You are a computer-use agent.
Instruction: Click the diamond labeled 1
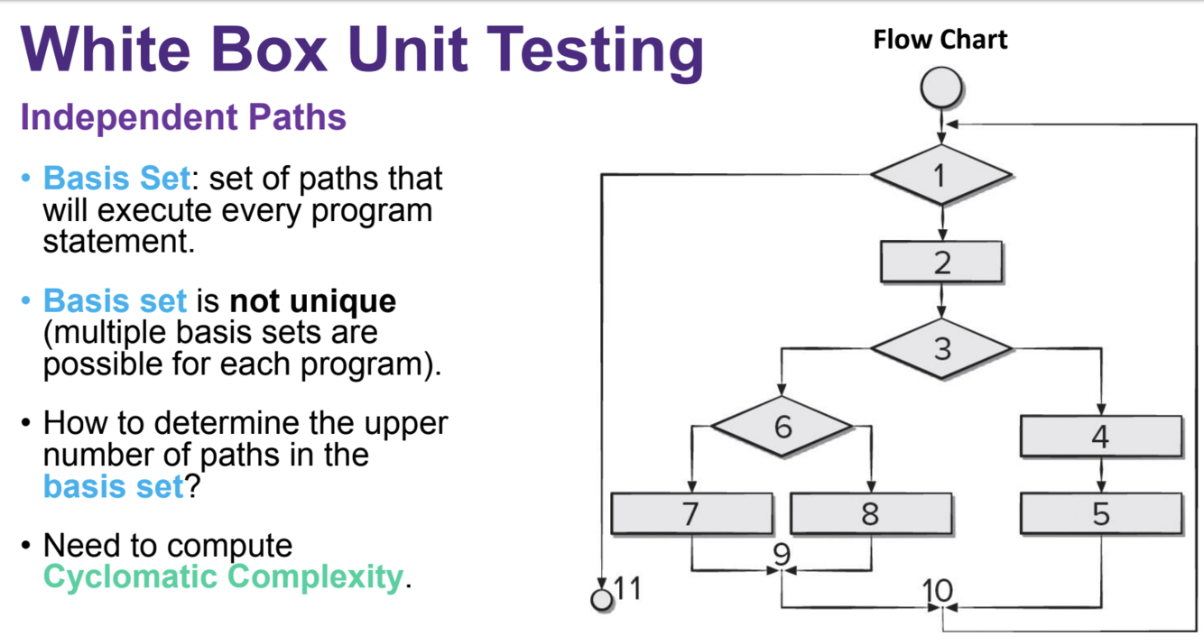click(940, 174)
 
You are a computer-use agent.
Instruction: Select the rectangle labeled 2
click(941, 263)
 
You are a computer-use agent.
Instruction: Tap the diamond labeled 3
click(941, 348)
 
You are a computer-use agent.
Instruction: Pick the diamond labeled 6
click(782, 425)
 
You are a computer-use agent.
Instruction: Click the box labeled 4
click(1100, 437)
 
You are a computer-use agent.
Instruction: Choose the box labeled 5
click(1100, 513)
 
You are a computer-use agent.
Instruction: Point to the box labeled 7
click(691, 513)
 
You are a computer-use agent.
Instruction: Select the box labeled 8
click(870, 513)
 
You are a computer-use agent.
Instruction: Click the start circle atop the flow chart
click(941, 89)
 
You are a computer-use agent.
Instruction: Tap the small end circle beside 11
click(601, 599)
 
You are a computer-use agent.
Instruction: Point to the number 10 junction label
click(938, 591)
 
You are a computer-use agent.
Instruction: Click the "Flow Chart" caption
click(940, 40)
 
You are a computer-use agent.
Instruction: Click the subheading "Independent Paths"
click(183, 117)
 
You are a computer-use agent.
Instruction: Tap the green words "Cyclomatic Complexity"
click(222, 576)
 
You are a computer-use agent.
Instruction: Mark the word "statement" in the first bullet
click(118, 242)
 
